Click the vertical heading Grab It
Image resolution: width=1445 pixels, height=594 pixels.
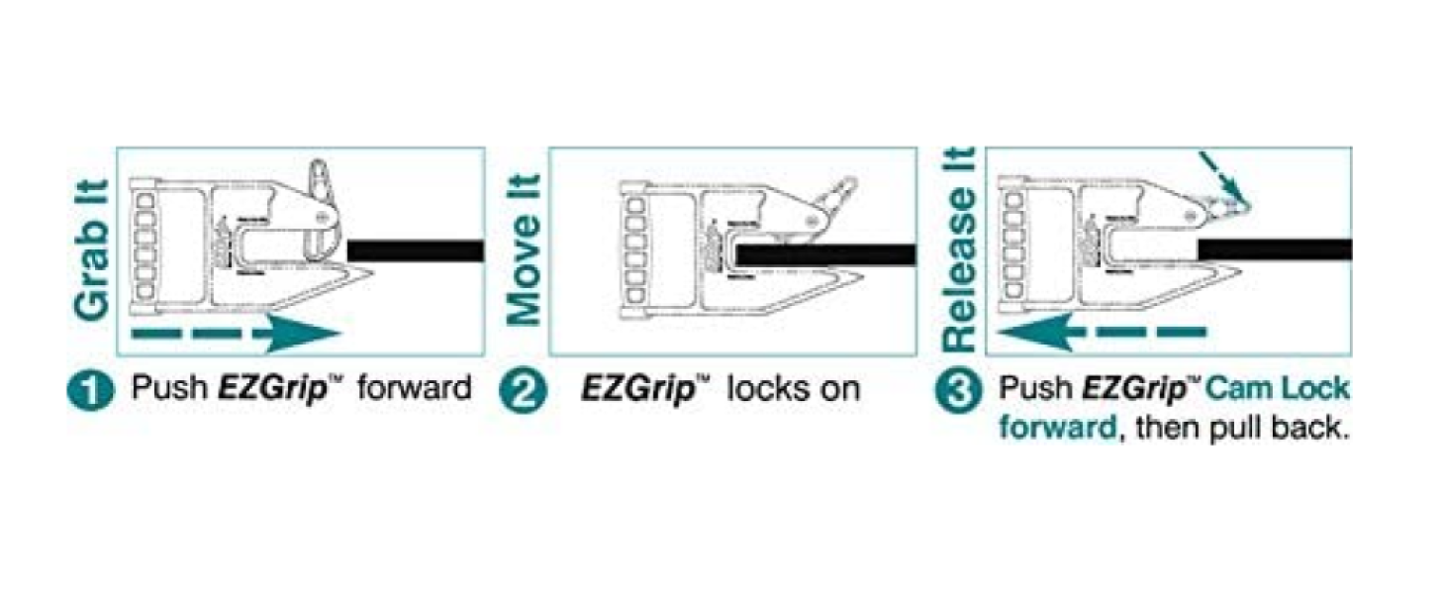[x=91, y=249]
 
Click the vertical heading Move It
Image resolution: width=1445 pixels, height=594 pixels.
[x=525, y=249]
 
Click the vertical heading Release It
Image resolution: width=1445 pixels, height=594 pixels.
[x=958, y=249]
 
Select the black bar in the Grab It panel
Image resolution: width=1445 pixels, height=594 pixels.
[x=415, y=250]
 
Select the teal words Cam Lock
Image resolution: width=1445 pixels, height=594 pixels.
[x=1277, y=387]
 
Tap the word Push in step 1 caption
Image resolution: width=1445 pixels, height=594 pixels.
[x=168, y=387]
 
